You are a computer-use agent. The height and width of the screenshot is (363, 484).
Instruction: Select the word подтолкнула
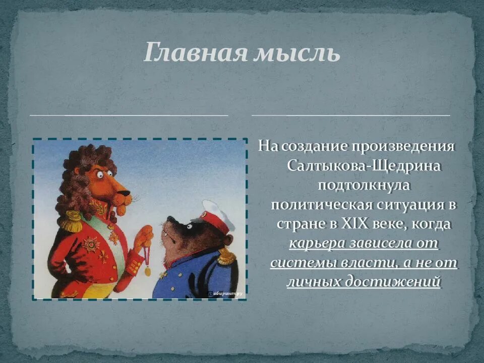point(365,185)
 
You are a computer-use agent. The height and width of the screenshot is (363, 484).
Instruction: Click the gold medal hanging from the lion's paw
point(148,271)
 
